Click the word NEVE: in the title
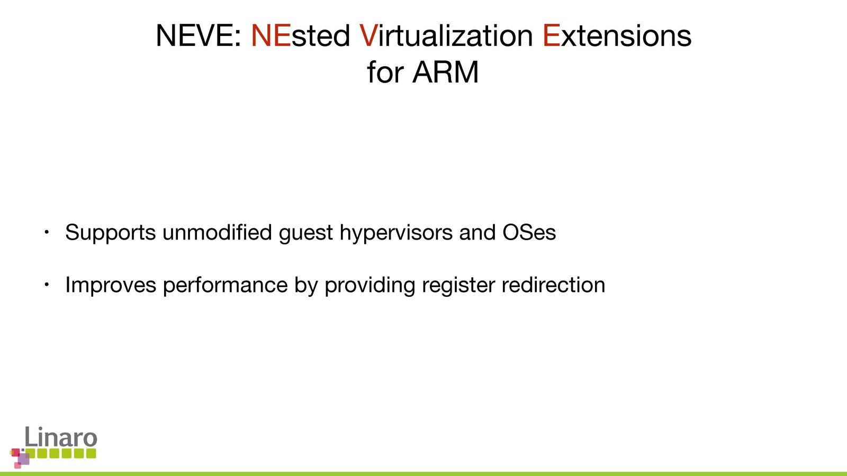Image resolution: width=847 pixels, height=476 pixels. (199, 35)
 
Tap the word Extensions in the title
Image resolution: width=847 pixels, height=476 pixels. (617, 35)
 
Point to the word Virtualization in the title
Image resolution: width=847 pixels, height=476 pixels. (446, 35)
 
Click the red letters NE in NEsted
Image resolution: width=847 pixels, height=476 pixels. (271, 35)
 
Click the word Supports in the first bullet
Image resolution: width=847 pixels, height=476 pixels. (111, 233)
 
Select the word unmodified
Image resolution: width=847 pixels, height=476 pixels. (217, 232)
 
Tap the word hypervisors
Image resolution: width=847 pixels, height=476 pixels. (396, 233)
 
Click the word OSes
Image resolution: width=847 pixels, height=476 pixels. (529, 232)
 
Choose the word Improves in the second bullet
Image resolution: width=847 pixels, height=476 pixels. (111, 285)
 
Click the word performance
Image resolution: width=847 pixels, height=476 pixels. (226, 285)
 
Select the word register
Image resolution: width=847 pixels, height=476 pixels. (458, 285)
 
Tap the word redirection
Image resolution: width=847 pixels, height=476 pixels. (553, 285)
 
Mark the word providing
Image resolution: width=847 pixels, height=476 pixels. (370, 285)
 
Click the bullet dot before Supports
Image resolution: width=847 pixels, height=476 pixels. (47, 232)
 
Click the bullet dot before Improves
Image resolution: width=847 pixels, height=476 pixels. (47, 285)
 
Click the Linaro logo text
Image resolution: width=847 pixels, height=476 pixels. (61, 437)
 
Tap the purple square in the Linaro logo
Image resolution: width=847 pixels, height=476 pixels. (23, 459)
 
